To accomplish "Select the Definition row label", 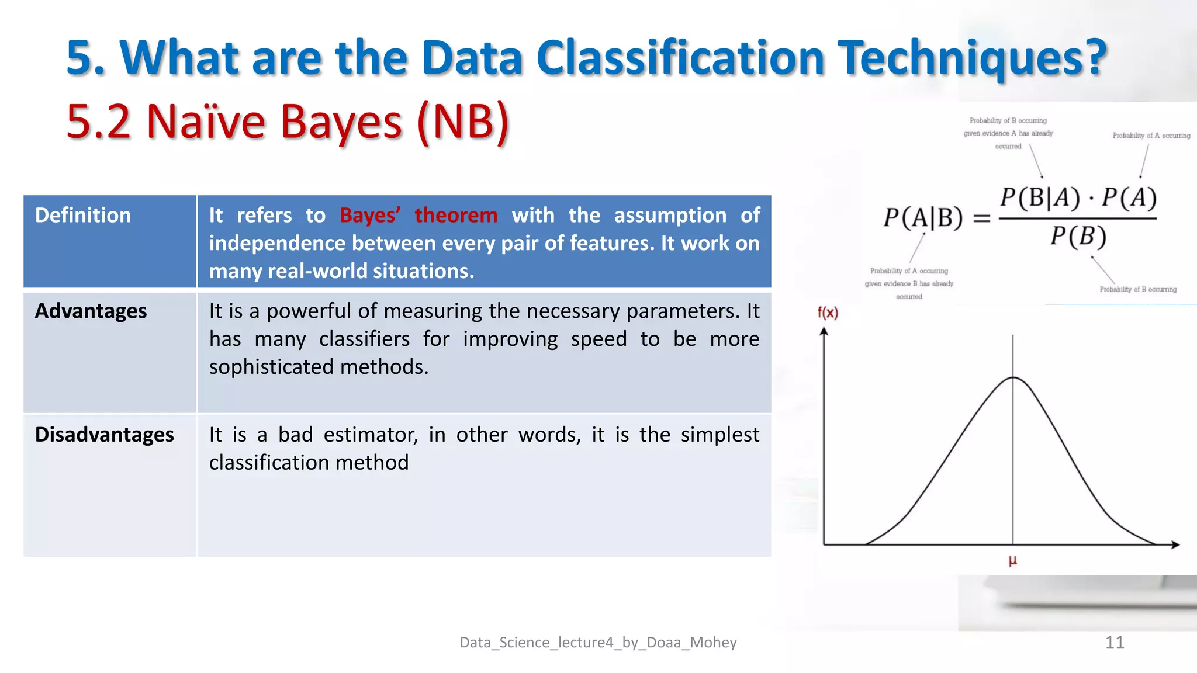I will coord(83,215).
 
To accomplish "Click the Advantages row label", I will coord(91,311).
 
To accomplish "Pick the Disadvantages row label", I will coord(104,435).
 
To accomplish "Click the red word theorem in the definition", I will coord(456,215).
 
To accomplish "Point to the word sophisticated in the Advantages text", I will coord(272,367).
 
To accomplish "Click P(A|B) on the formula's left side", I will coord(922,218).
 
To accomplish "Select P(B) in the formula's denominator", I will coord(1078,237).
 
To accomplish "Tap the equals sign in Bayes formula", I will coord(981,218).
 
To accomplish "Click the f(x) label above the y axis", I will coord(828,313).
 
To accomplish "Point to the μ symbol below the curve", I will coord(1013,561).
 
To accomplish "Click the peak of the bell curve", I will coord(1013,378).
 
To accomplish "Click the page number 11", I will coord(1114,643).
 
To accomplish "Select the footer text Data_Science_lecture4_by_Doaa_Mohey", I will coord(598,643).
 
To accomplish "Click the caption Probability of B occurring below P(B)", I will coord(1137,289).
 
